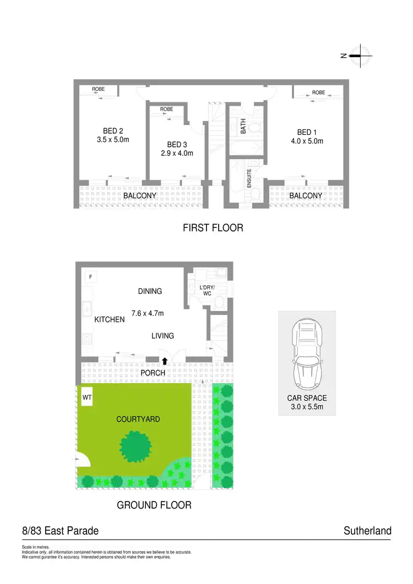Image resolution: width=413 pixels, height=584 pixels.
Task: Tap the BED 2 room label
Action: click(113, 131)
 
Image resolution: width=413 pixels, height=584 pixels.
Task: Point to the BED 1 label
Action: click(307, 132)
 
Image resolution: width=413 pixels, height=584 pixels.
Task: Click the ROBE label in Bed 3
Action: click(166, 109)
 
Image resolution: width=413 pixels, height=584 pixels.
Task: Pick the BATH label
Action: click(243, 127)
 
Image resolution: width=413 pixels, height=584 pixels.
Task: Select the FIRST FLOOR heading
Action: click(213, 227)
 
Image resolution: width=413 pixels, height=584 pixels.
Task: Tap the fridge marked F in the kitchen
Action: click(90, 277)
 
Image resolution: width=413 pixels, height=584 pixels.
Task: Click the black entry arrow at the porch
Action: click(164, 361)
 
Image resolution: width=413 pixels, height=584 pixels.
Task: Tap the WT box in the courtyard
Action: click(87, 397)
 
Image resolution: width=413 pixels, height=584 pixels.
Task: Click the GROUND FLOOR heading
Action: click(154, 505)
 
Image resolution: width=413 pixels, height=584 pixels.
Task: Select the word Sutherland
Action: click(367, 531)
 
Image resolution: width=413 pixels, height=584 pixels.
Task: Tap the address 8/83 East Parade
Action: click(61, 531)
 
